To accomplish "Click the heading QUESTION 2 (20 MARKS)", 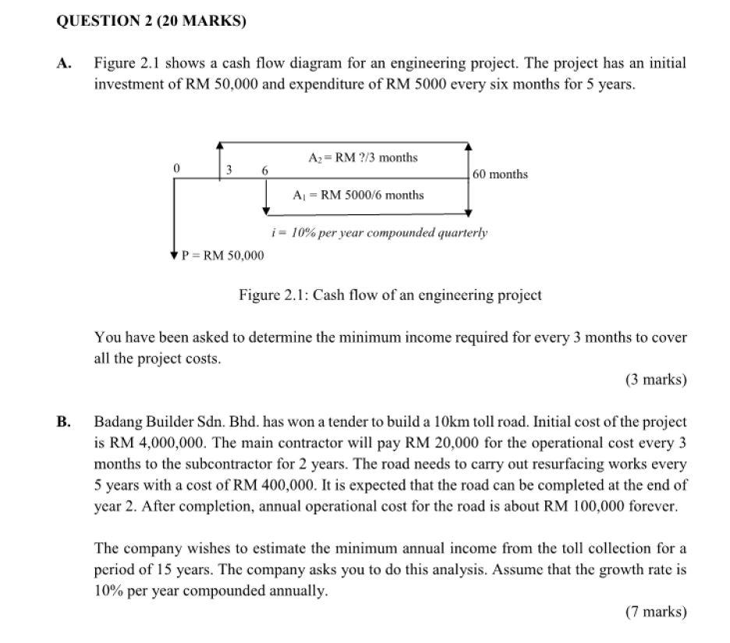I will tap(151, 22).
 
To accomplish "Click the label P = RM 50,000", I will tap(222, 256).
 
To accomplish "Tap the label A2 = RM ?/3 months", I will tap(363, 157).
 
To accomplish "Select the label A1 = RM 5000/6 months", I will tap(358, 195).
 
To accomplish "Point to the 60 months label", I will tap(500, 174).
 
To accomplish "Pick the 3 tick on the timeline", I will tap(229, 170).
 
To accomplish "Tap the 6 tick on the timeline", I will tap(265, 170).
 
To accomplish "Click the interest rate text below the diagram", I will tap(379, 232).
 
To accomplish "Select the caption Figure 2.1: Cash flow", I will tap(389, 295).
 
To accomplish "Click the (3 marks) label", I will tap(656, 380).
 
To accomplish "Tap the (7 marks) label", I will tap(656, 612).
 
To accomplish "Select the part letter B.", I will tap(63, 422).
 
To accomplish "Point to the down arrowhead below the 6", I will tap(266, 210).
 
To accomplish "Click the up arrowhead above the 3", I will tap(221, 145).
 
